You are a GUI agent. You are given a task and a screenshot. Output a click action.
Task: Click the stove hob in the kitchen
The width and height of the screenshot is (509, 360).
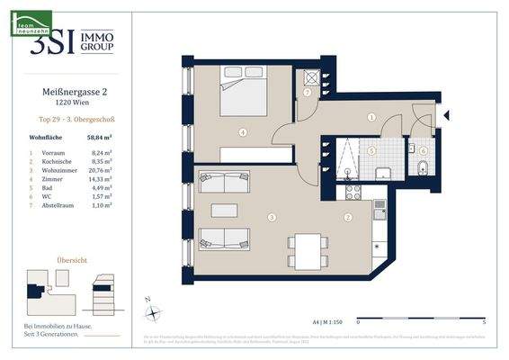point(349,191)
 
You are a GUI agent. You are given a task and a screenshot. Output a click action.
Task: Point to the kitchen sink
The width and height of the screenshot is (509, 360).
point(380,208)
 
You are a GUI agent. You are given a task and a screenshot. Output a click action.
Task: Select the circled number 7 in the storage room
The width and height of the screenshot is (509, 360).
point(308,92)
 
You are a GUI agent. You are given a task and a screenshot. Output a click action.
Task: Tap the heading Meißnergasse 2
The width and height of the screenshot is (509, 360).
point(76,92)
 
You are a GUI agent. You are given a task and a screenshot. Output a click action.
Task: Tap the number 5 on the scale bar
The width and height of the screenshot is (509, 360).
point(484,321)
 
